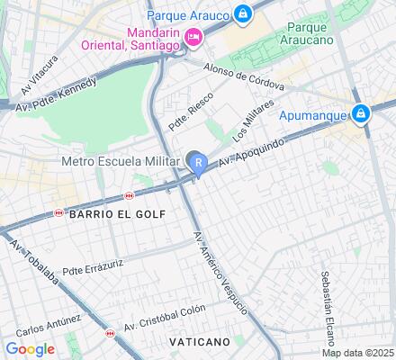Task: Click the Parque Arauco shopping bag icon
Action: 242,14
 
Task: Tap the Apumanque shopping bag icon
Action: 361,113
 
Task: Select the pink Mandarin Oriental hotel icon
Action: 192,37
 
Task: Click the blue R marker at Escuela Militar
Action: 197,163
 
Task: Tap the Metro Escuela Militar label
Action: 121,162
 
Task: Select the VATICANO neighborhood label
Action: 199,343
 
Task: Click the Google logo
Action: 30,349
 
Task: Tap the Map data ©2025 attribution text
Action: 359,353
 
